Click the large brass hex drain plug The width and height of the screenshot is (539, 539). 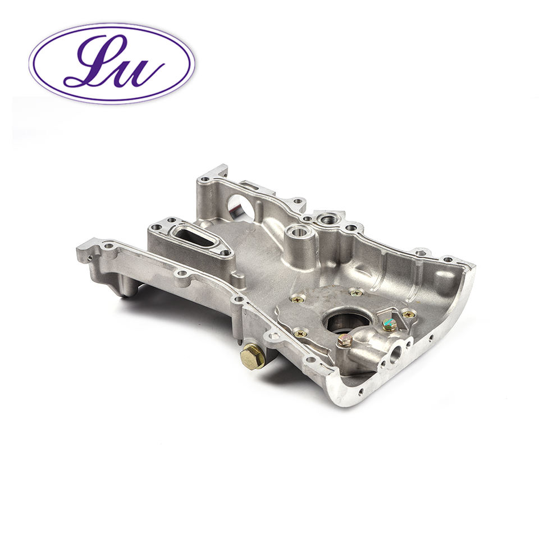click(x=253, y=357)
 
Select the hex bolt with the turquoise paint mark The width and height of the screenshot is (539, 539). click(x=389, y=324)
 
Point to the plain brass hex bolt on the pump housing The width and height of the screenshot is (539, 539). click(x=344, y=340)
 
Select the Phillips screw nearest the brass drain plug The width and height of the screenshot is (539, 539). click(x=300, y=333)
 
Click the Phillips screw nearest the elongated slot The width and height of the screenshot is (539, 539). click(x=297, y=299)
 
